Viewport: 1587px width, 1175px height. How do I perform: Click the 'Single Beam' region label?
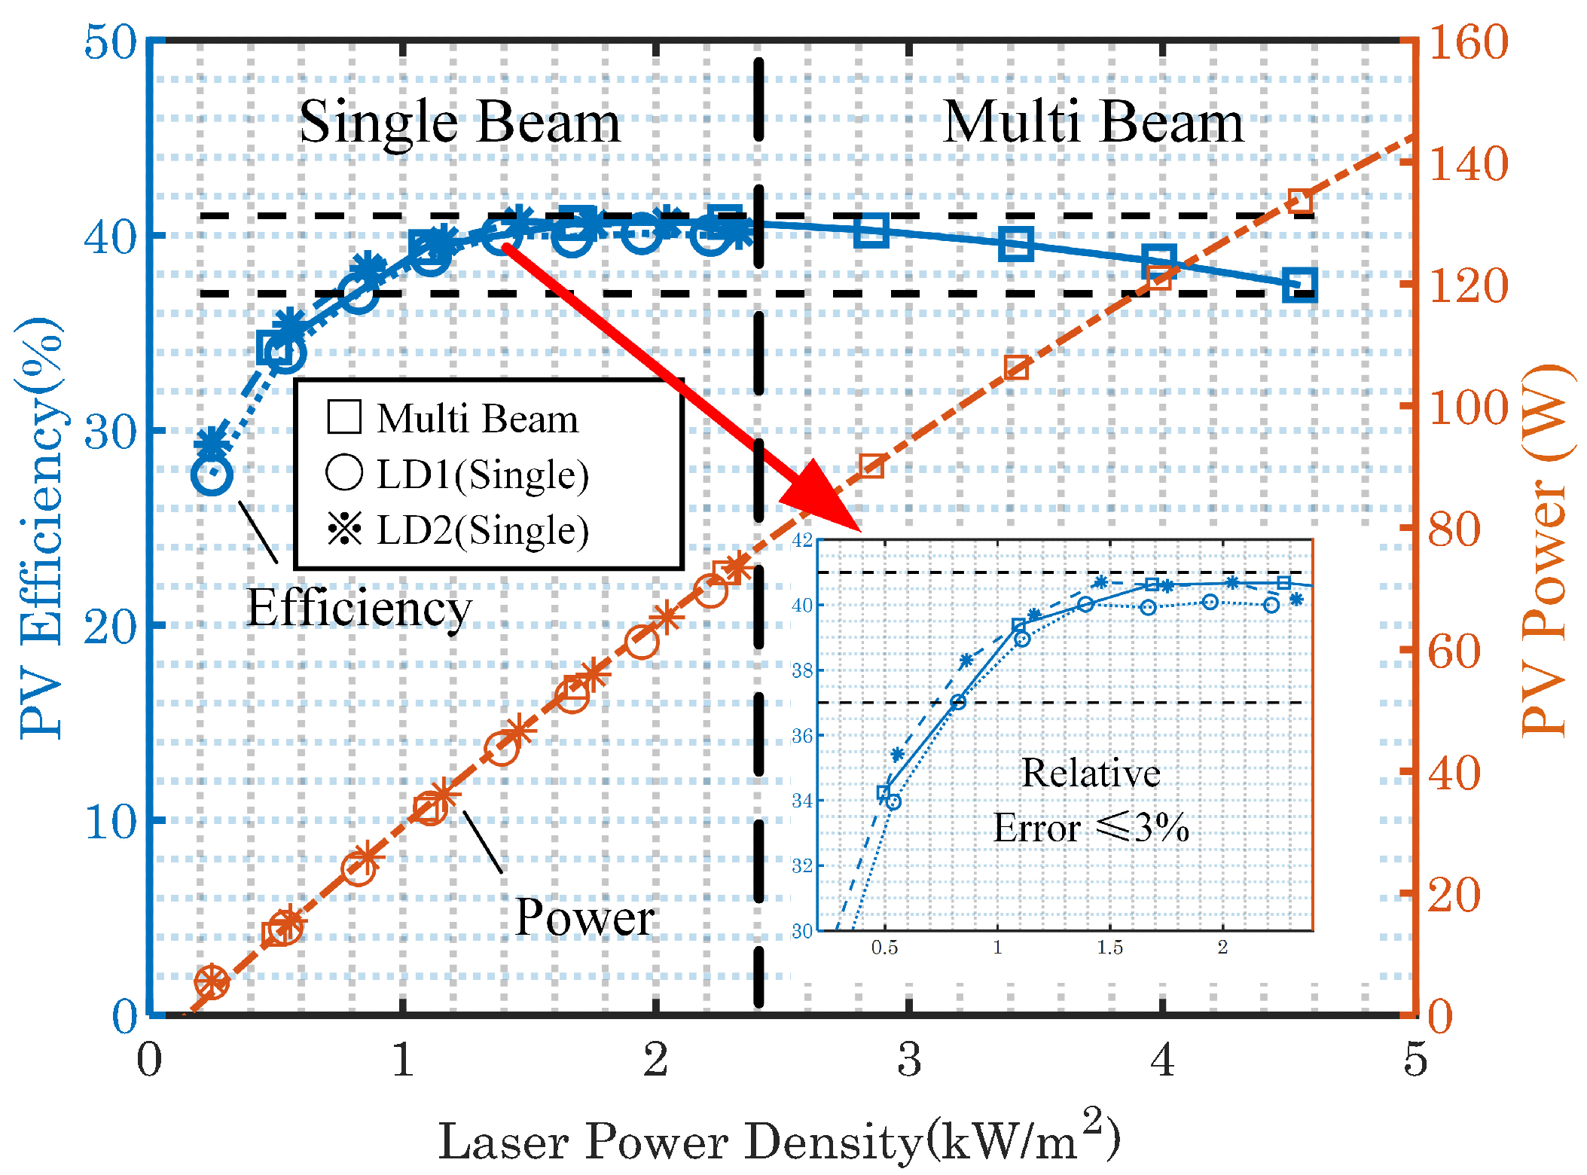tap(459, 122)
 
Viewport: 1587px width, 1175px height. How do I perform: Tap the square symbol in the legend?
tap(344, 417)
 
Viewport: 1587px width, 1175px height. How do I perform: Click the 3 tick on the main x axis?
tap(909, 1060)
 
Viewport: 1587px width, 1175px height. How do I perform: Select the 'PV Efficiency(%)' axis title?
tap(41, 527)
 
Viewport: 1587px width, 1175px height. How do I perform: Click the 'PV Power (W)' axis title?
tap(1544, 550)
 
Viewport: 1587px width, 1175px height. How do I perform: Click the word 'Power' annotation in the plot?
tap(584, 917)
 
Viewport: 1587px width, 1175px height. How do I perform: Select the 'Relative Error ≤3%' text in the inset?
tap(1091, 801)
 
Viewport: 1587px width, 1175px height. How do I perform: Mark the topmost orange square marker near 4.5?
tap(1300, 202)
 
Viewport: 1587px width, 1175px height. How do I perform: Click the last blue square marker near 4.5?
tap(1300, 285)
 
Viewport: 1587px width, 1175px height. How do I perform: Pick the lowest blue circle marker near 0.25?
tap(212, 475)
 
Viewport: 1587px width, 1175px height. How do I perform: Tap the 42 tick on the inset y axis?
tap(802, 540)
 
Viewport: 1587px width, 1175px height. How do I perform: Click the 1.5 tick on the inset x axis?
tap(1109, 948)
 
